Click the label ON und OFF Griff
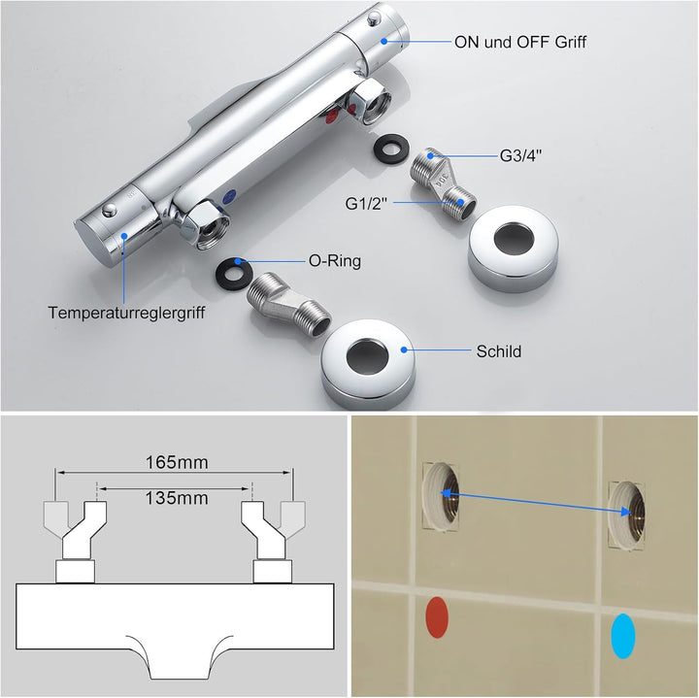(x=520, y=42)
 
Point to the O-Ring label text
(x=335, y=262)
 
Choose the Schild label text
(x=498, y=350)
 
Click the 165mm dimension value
(x=178, y=463)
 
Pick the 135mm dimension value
(x=178, y=498)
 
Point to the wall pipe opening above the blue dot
(x=627, y=511)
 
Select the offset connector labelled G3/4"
(x=443, y=180)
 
